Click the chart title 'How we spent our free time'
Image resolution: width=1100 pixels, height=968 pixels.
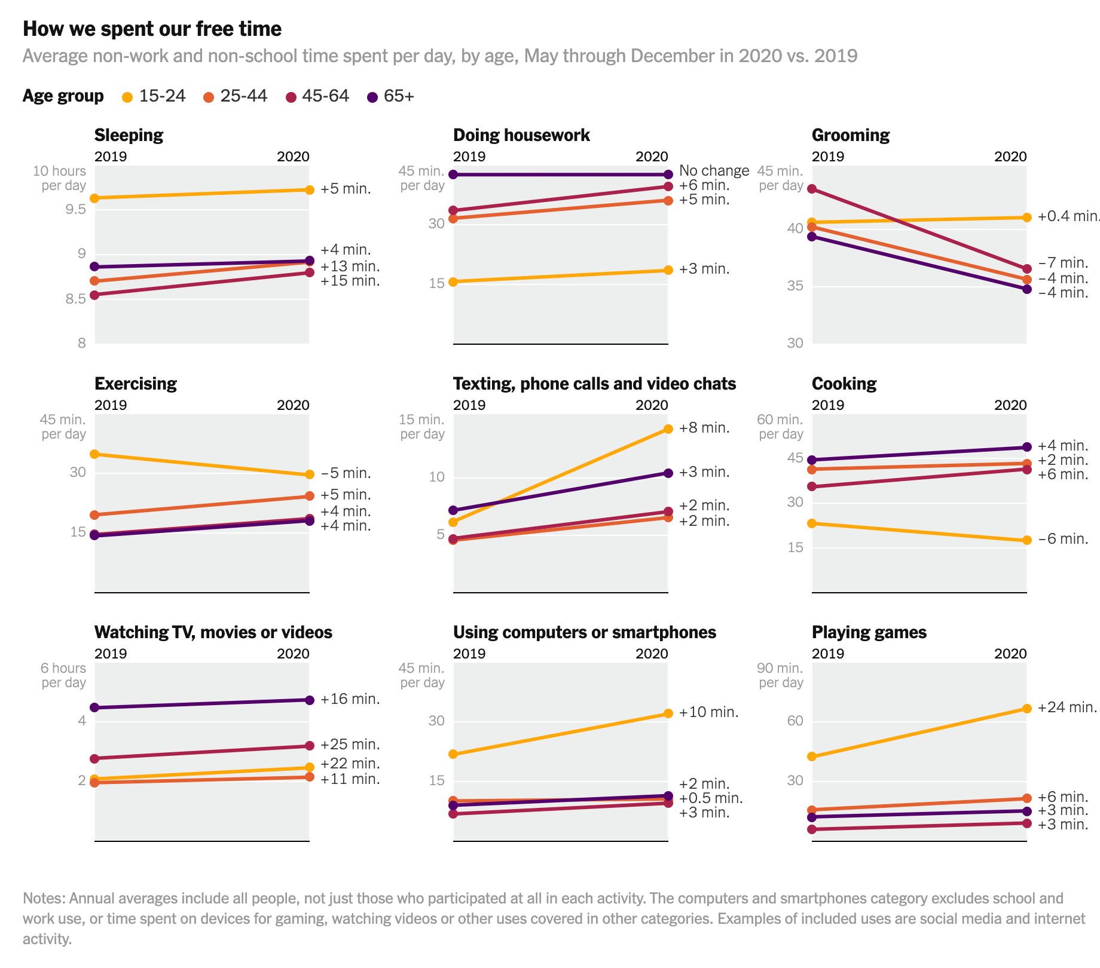[x=152, y=29]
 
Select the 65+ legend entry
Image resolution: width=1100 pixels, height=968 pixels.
[x=391, y=96]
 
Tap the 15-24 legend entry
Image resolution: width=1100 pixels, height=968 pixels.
[x=154, y=96]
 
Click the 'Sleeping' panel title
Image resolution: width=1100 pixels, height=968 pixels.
[x=129, y=135]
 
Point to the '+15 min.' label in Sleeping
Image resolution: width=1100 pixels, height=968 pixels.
[x=350, y=281]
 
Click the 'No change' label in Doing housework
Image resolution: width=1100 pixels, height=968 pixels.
[x=714, y=171]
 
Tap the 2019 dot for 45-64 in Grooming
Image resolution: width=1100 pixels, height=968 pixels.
[x=812, y=189]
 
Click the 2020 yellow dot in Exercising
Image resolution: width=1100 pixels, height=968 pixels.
[x=309, y=475]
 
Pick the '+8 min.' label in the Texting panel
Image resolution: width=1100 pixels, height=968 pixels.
[x=704, y=428]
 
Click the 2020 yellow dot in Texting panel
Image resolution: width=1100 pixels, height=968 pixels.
[x=668, y=429]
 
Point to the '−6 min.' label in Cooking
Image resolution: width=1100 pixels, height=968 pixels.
[x=1063, y=539]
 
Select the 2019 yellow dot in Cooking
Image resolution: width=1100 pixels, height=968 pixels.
[x=812, y=523]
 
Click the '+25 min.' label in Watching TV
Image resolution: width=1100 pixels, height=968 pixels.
[x=350, y=745]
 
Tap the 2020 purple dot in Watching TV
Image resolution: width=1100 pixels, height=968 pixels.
[x=309, y=700]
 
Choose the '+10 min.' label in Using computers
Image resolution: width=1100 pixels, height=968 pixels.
[x=708, y=712]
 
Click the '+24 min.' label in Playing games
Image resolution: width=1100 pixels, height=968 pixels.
[x=1067, y=707]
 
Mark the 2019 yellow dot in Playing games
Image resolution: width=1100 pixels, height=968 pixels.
[x=812, y=756]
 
